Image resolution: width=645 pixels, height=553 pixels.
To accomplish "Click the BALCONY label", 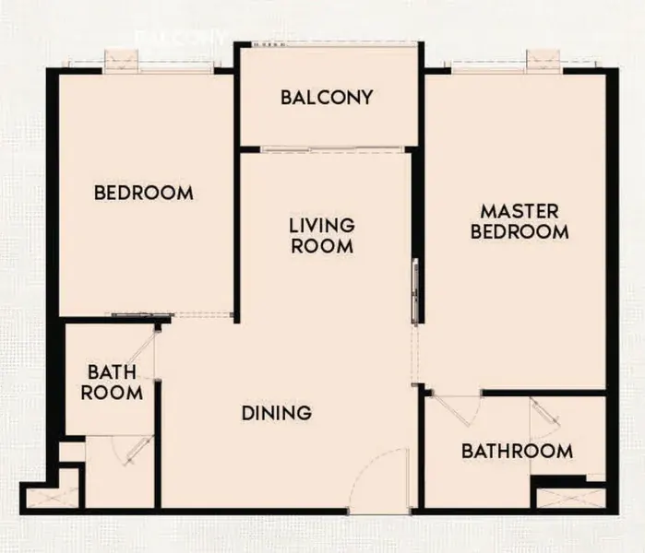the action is [327, 98].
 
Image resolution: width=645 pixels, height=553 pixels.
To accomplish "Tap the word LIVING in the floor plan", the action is [322, 226].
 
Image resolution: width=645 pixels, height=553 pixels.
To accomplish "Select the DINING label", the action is [277, 413].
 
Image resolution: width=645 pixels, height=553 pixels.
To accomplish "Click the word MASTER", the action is [520, 212].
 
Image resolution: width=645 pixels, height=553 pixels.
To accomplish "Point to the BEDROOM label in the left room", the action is [144, 193].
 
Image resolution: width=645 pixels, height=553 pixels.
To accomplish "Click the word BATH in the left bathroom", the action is [112, 372].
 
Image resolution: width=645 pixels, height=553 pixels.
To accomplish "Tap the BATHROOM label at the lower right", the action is [517, 451].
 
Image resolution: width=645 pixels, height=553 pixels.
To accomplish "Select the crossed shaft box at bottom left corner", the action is [52, 497].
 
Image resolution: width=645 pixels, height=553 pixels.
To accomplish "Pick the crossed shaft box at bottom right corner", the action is [571, 499].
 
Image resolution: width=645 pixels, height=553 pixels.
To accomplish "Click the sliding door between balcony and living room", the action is [332, 149].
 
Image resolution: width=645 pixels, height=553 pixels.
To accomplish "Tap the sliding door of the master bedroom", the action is [416, 291].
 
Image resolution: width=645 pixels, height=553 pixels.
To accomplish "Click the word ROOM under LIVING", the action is [322, 246].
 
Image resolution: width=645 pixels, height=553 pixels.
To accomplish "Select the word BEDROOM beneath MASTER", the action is [520, 231].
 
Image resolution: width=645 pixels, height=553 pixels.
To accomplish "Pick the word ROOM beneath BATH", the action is [112, 393].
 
